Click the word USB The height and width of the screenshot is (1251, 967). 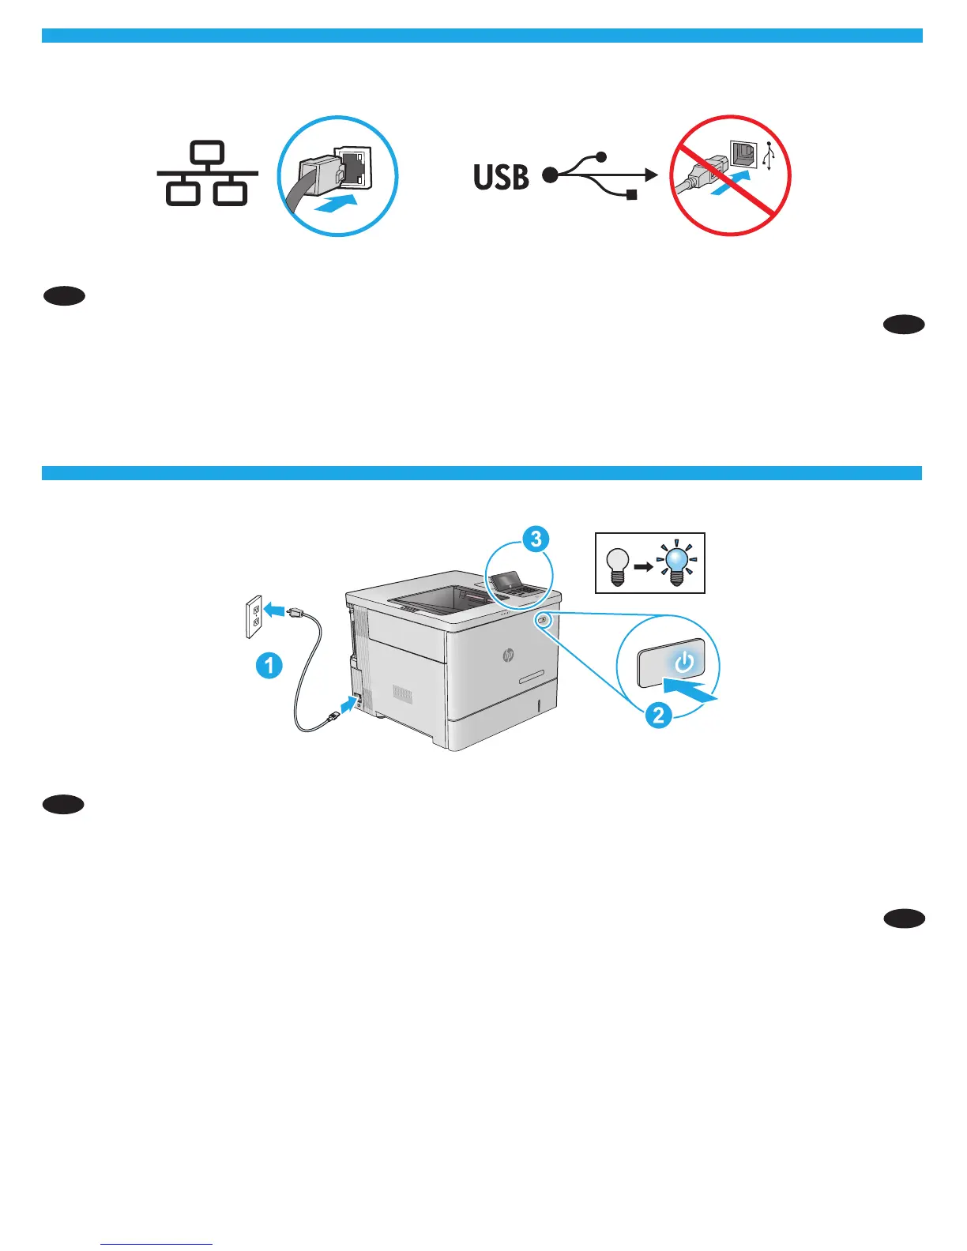pyautogui.click(x=501, y=177)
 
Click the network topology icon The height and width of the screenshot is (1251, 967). pyautogui.click(x=207, y=175)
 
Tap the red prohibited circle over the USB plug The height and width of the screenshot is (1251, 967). pyautogui.click(x=730, y=175)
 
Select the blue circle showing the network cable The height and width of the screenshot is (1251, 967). pyautogui.click(x=337, y=175)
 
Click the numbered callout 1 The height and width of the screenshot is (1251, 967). pyautogui.click(x=269, y=665)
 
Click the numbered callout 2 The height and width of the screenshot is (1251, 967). pyautogui.click(x=658, y=716)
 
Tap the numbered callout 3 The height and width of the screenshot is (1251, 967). pyautogui.click(x=536, y=539)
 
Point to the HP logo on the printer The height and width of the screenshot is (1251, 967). pyautogui.click(x=507, y=655)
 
